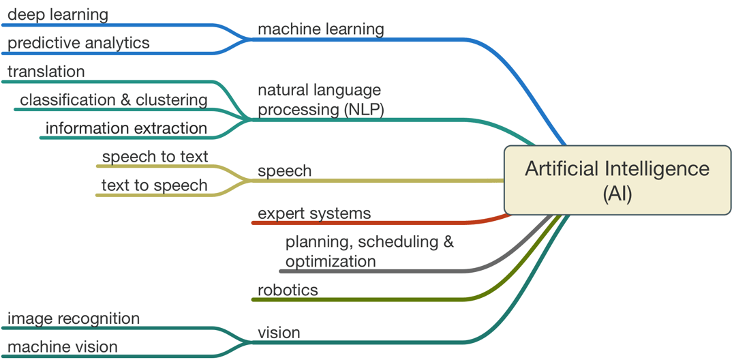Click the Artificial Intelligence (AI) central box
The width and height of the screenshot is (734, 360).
[x=617, y=181]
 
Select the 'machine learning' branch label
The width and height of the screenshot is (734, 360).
[x=320, y=29]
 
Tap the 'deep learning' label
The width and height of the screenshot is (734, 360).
[x=58, y=14]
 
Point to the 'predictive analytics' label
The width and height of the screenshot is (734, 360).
[x=78, y=43]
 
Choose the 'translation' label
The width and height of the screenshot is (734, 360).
[x=46, y=72]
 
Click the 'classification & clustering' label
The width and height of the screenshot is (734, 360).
[x=114, y=100]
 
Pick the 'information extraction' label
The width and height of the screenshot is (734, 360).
[x=126, y=128]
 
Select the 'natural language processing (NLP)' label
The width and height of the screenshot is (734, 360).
[x=320, y=100]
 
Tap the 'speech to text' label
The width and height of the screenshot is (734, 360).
[x=155, y=157]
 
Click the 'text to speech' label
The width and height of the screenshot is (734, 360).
[x=154, y=185]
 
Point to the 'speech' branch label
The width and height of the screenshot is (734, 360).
[x=284, y=171]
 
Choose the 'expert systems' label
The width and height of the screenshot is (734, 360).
[x=314, y=213]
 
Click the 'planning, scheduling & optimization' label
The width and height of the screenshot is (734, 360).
[x=369, y=251]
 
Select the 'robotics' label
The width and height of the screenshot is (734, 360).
[x=288, y=290]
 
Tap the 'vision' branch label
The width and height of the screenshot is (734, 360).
[x=279, y=333]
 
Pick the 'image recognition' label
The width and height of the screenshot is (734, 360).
[x=74, y=318]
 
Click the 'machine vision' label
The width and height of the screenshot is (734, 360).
[x=63, y=347]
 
